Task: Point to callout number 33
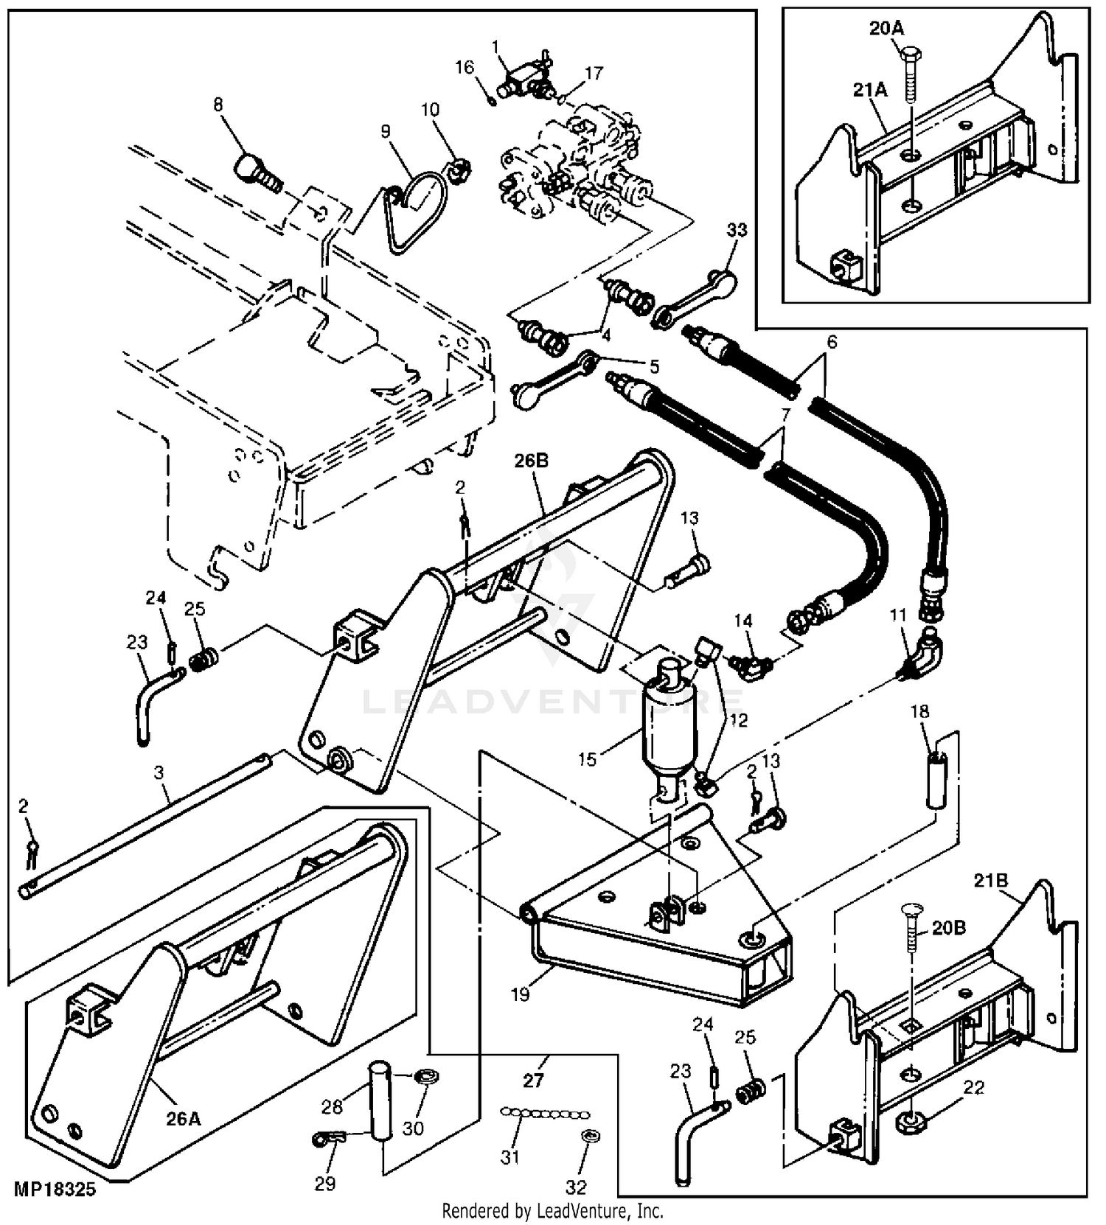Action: (x=737, y=230)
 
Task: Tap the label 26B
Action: (x=532, y=461)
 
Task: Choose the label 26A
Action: (x=183, y=1120)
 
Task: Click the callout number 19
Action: (x=521, y=994)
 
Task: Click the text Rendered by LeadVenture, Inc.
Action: (x=552, y=1211)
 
